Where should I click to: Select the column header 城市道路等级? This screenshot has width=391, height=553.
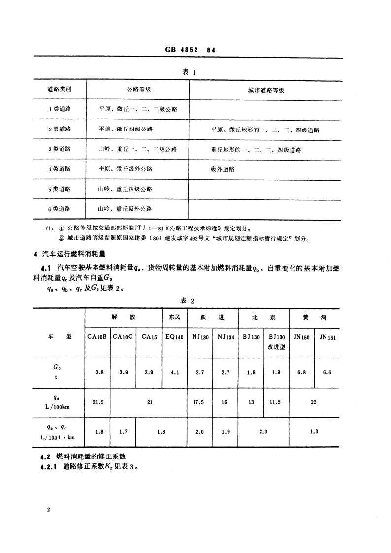pos(266,90)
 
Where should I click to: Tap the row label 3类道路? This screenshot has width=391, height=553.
pos(60,149)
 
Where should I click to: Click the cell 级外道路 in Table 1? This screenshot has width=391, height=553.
pos(223,169)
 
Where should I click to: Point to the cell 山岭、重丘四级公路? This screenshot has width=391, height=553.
pos(125,189)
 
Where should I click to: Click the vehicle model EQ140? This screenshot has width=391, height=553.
pos(174,337)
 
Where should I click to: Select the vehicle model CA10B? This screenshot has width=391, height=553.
pos(97,337)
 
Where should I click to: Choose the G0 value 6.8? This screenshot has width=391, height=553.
pos(301,373)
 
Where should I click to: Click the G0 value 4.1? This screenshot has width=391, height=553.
pos(174,373)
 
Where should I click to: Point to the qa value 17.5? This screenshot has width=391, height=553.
pos(199,402)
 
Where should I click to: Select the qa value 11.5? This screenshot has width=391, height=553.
pos(276,402)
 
